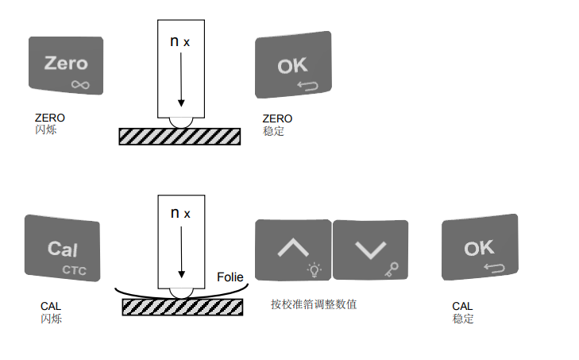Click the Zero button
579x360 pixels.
tap(66, 65)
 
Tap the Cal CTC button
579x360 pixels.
tap(62, 248)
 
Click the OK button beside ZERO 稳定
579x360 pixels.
tap(292, 65)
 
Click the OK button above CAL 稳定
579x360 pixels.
tap(479, 248)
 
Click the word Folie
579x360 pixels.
tap(230, 277)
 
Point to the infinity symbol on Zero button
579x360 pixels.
tap(79, 83)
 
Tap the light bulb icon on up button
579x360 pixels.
tap(315, 269)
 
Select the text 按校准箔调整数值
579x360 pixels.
tap(314, 304)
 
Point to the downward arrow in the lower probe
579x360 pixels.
tap(181, 253)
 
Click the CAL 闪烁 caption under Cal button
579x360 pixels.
tap(51, 312)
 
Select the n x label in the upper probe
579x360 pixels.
tap(180, 41)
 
